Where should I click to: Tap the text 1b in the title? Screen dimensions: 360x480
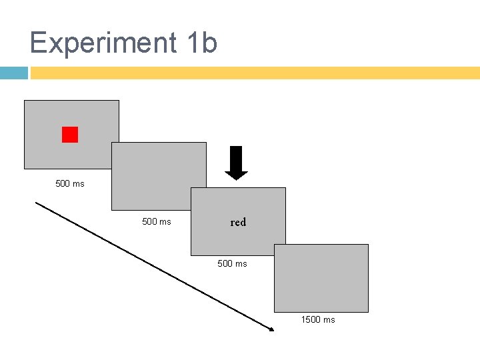[x=202, y=43]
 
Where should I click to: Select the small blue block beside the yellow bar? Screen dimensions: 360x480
[x=13, y=73]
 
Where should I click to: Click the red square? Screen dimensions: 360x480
[x=70, y=135]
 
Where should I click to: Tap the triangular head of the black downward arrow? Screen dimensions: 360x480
[x=236, y=175]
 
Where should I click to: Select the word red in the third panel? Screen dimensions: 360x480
[x=238, y=223]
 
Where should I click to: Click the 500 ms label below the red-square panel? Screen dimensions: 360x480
[x=70, y=183]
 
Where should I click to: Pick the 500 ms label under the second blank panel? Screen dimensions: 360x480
[x=157, y=221]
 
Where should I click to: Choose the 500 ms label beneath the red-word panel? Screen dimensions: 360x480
[x=232, y=263]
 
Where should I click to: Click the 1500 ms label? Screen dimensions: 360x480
[x=318, y=319]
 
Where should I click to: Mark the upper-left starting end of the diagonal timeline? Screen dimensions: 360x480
[x=37, y=203]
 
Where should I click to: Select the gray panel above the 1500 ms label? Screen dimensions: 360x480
[x=321, y=278]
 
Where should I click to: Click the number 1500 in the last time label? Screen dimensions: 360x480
[x=311, y=319]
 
